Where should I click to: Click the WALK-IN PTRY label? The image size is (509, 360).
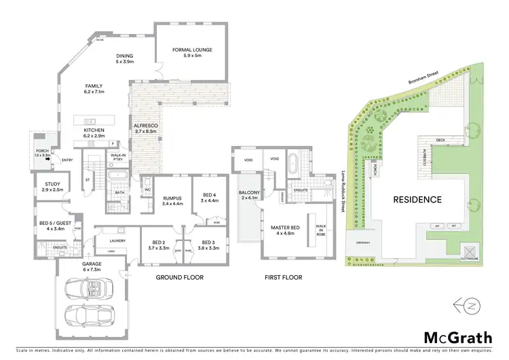point(117,157)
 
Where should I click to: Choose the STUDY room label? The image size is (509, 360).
point(52,186)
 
